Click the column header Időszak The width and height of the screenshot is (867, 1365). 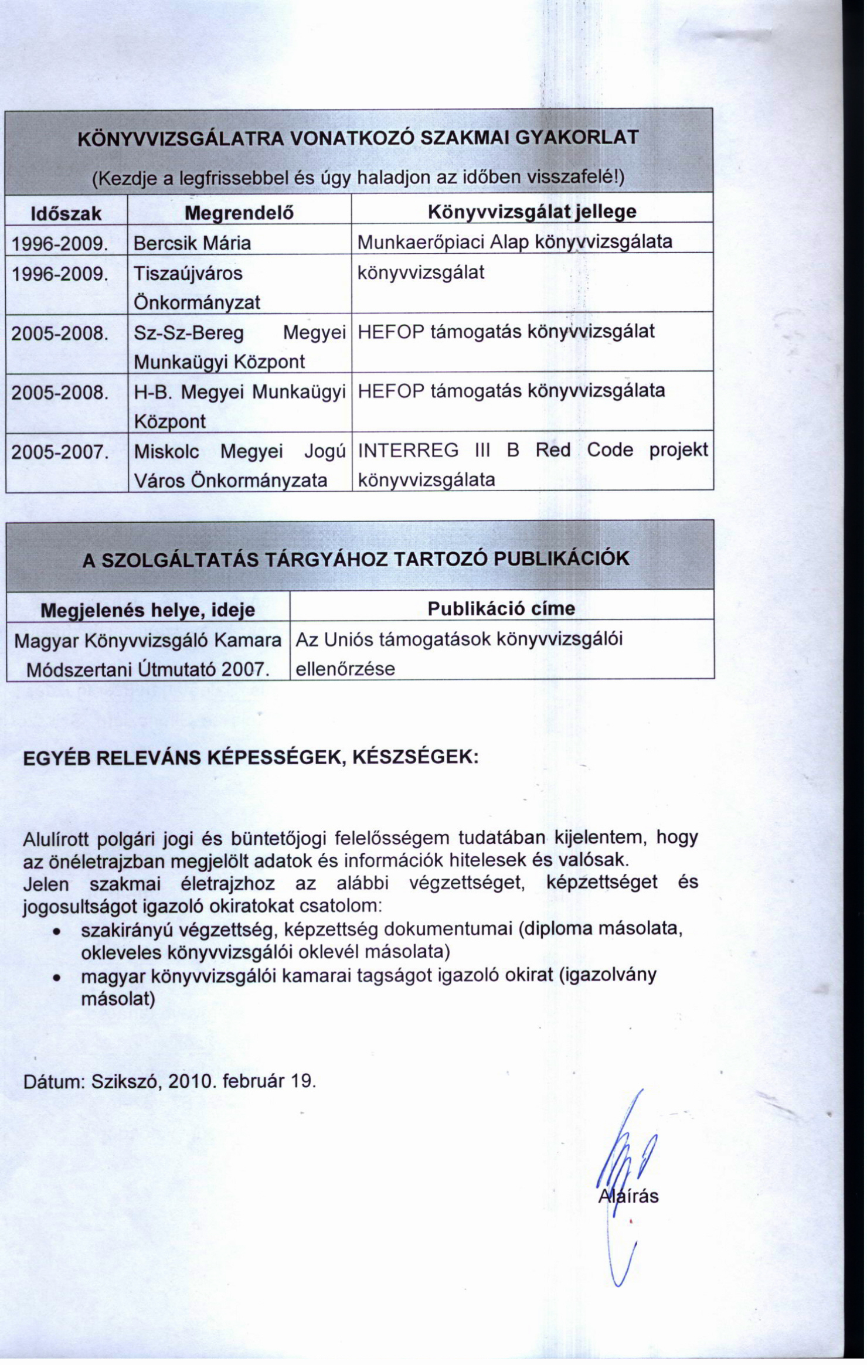66,213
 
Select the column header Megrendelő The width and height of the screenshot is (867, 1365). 239,213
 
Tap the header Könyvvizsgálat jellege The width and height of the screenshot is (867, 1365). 532,212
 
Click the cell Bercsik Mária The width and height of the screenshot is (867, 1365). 192,243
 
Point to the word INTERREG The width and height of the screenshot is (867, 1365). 409,450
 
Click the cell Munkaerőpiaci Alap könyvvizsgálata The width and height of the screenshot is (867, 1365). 515,242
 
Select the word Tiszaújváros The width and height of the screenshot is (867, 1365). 188,274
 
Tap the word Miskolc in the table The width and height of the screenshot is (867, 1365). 166,452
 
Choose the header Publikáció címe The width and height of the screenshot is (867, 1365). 501,608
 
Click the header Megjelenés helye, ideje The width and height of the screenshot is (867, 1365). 147,610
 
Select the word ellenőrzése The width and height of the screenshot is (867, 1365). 345,669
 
